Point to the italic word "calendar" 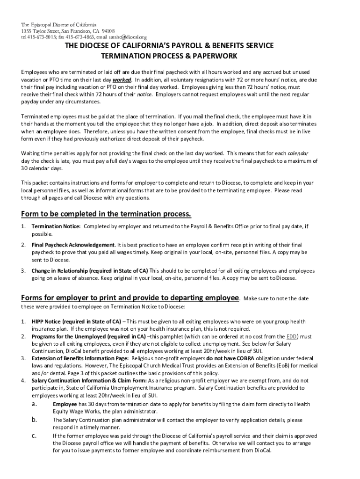(297, 153)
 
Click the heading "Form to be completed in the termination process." (106, 214)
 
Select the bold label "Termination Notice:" (56, 226)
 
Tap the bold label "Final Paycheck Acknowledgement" (73, 245)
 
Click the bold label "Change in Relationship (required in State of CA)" (90, 270)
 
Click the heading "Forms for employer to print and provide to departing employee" (130, 298)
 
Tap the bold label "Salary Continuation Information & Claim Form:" (89, 380)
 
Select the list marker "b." (34, 420)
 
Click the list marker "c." (34, 435)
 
